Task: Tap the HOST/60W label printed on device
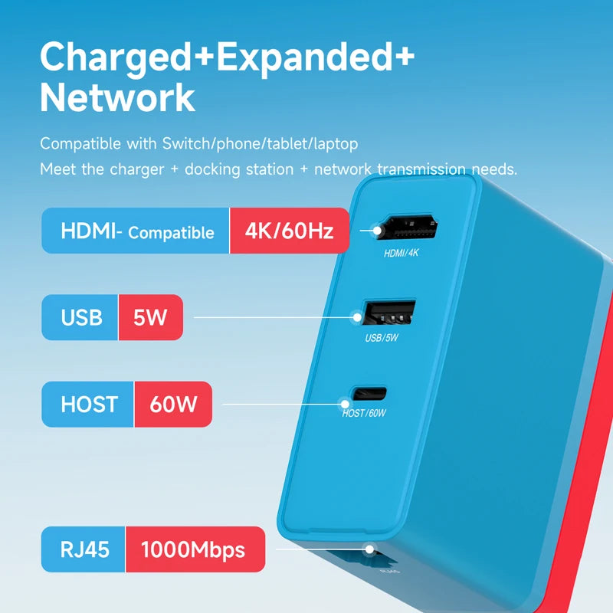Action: pos(366,414)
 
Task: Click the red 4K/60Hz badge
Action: pos(289,231)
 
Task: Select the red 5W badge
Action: pos(150,317)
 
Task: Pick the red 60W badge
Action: pos(172,404)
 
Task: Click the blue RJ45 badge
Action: pos(83,549)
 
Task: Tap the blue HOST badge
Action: pos(89,404)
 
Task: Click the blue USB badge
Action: pos(80,317)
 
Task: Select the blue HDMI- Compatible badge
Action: pos(136,231)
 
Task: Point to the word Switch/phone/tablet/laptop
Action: pos(261,143)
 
